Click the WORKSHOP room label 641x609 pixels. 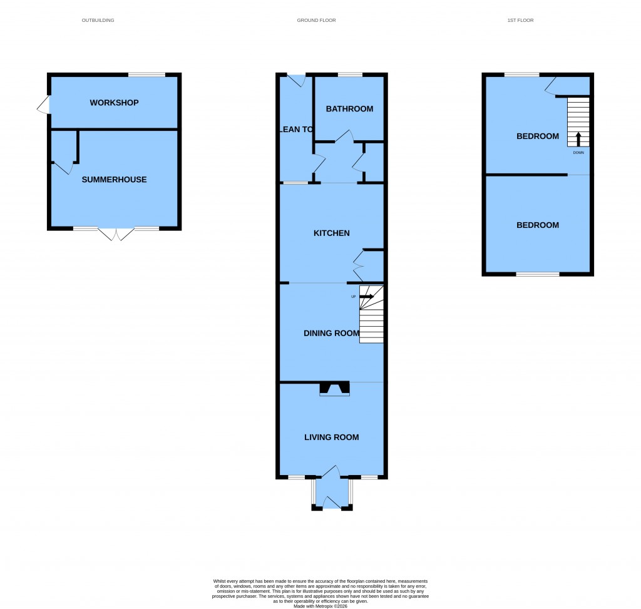[x=114, y=103]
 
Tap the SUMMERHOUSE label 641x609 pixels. [x=114, y=180]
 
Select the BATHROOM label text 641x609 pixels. [x=349, y=109]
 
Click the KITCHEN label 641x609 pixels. [x=331, y=233]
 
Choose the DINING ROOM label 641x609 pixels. [x=331, y=334]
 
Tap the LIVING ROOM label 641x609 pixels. [x=331, y=438]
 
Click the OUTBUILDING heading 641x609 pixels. [x=98, y=21]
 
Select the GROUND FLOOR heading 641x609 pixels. [x=316, y=21]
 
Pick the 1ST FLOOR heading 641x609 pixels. [x=520, y=21]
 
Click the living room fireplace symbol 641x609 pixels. [x=335, y=389]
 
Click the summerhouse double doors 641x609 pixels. [x=116, y=233]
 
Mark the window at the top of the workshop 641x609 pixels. [x=146, y=75]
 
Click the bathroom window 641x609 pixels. [x=350, y=75]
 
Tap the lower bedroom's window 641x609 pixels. [x=538, y=274]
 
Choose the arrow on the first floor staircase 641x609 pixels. [x=578, y=138]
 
